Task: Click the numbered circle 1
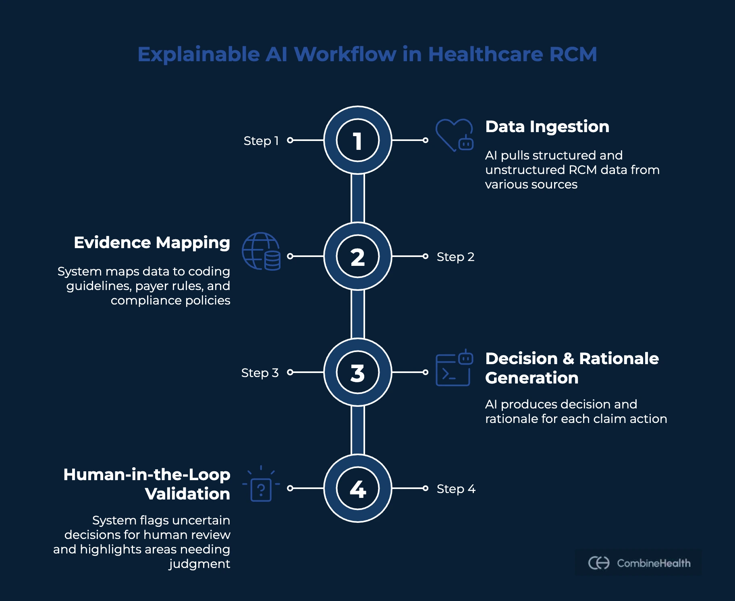coord(357,141)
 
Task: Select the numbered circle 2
coord(357,256)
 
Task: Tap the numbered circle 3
coord(357,372)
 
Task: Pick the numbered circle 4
coord(357,488)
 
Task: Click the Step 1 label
coord(261,141)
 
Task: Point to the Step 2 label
coord(455,257)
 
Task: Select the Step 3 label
coord(260,373)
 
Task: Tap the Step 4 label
coord(456,489)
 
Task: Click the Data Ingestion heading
coord(547,127)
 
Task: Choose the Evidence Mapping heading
coord(152,243)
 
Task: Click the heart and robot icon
coord(454,135)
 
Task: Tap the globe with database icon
coord(261,251)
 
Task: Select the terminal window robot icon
coord(454,368)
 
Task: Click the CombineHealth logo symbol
coord(599,563)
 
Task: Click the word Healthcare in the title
coord(485,54)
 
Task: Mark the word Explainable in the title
coord(199,54)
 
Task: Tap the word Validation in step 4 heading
coord(187,494)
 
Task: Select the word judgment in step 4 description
coord(199,564)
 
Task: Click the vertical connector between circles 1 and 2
coord(357,198)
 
